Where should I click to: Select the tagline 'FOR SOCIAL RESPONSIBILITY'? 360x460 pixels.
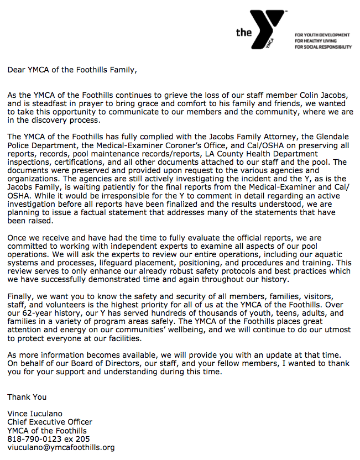(324, 47)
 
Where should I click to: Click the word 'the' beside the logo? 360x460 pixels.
(243, 33)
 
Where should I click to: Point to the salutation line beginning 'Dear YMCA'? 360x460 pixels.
(71, 70)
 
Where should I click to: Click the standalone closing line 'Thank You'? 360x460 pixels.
(27, 397)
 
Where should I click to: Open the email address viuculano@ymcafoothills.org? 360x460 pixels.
(61, 447)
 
